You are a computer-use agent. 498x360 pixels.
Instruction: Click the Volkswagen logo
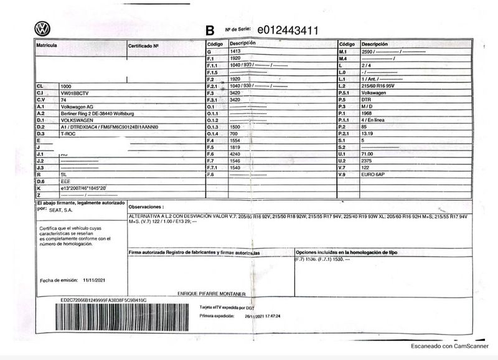tap(42, 29)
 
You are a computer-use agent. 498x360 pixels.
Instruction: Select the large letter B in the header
tap(210, 30)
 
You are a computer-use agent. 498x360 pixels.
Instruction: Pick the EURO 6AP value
tap(374, 174)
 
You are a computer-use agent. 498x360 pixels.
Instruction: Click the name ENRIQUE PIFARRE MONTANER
tap(212, 293)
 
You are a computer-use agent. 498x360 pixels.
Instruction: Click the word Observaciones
tap(146, 206)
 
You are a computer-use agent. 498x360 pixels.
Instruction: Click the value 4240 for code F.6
tap(237, 154)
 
